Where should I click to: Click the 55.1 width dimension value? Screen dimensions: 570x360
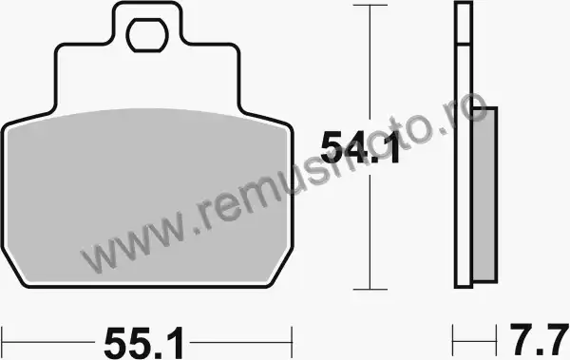tap(143, 343)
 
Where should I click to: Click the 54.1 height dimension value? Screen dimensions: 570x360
tap(360, 147)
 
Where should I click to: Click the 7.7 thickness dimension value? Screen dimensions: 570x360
tap(539, 340)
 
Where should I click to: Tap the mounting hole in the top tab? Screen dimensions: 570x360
tap(147, 35)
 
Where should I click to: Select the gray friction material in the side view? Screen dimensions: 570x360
tap(484, 195)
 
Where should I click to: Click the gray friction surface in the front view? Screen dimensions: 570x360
tap(147, 197)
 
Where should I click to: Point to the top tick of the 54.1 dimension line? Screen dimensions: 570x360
tap(370, 5)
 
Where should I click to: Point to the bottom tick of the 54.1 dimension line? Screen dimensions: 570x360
tap(370, 290)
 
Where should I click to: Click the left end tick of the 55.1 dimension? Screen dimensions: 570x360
tap(2, 342)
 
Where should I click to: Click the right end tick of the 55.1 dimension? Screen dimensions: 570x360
tap(292, 342)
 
